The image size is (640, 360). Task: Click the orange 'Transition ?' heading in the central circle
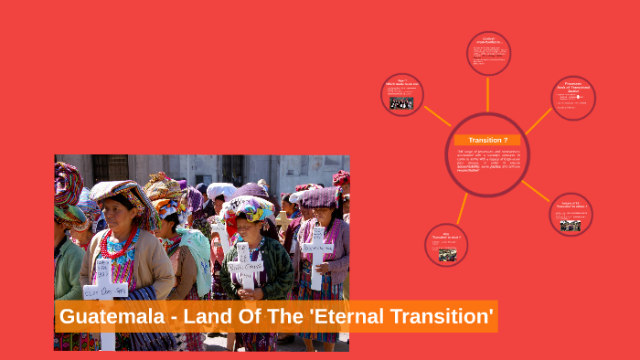click(488, 140)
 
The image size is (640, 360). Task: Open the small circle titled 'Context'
click(488, 52)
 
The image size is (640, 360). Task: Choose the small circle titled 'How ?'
click(401, 94)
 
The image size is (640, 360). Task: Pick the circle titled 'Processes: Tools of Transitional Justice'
click(574, 97)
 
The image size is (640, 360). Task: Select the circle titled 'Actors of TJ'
click(571, 214)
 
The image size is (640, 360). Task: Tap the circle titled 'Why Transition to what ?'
click(447, 245)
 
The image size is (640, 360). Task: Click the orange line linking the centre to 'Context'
click(488, 93)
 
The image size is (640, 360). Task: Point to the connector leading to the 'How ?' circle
click(438, 116)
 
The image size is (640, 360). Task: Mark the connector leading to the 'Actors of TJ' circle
click(536, 190)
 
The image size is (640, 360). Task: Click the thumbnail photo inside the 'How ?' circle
click(400, 102)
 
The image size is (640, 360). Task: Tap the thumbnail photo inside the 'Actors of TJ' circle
click(571, 224)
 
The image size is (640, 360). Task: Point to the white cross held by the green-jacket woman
click(245, 265)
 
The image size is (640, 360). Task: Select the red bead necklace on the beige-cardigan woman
click(121, 244)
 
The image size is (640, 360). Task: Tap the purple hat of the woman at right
click(319, 196)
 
